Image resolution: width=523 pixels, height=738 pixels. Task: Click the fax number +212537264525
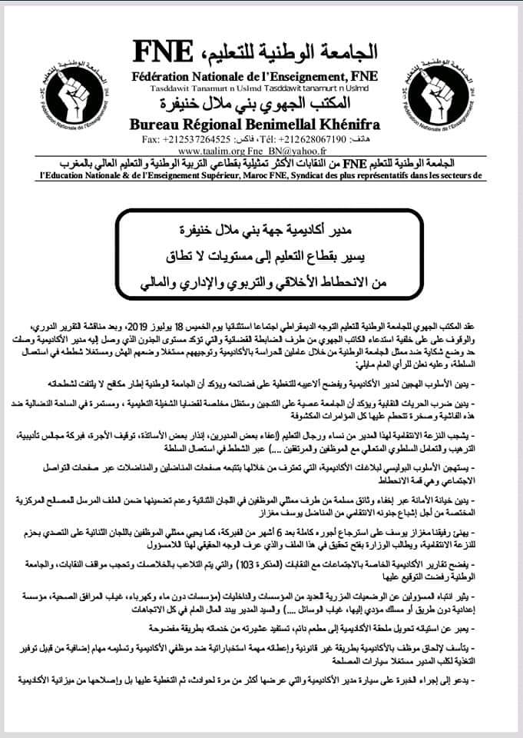(197, 139)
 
